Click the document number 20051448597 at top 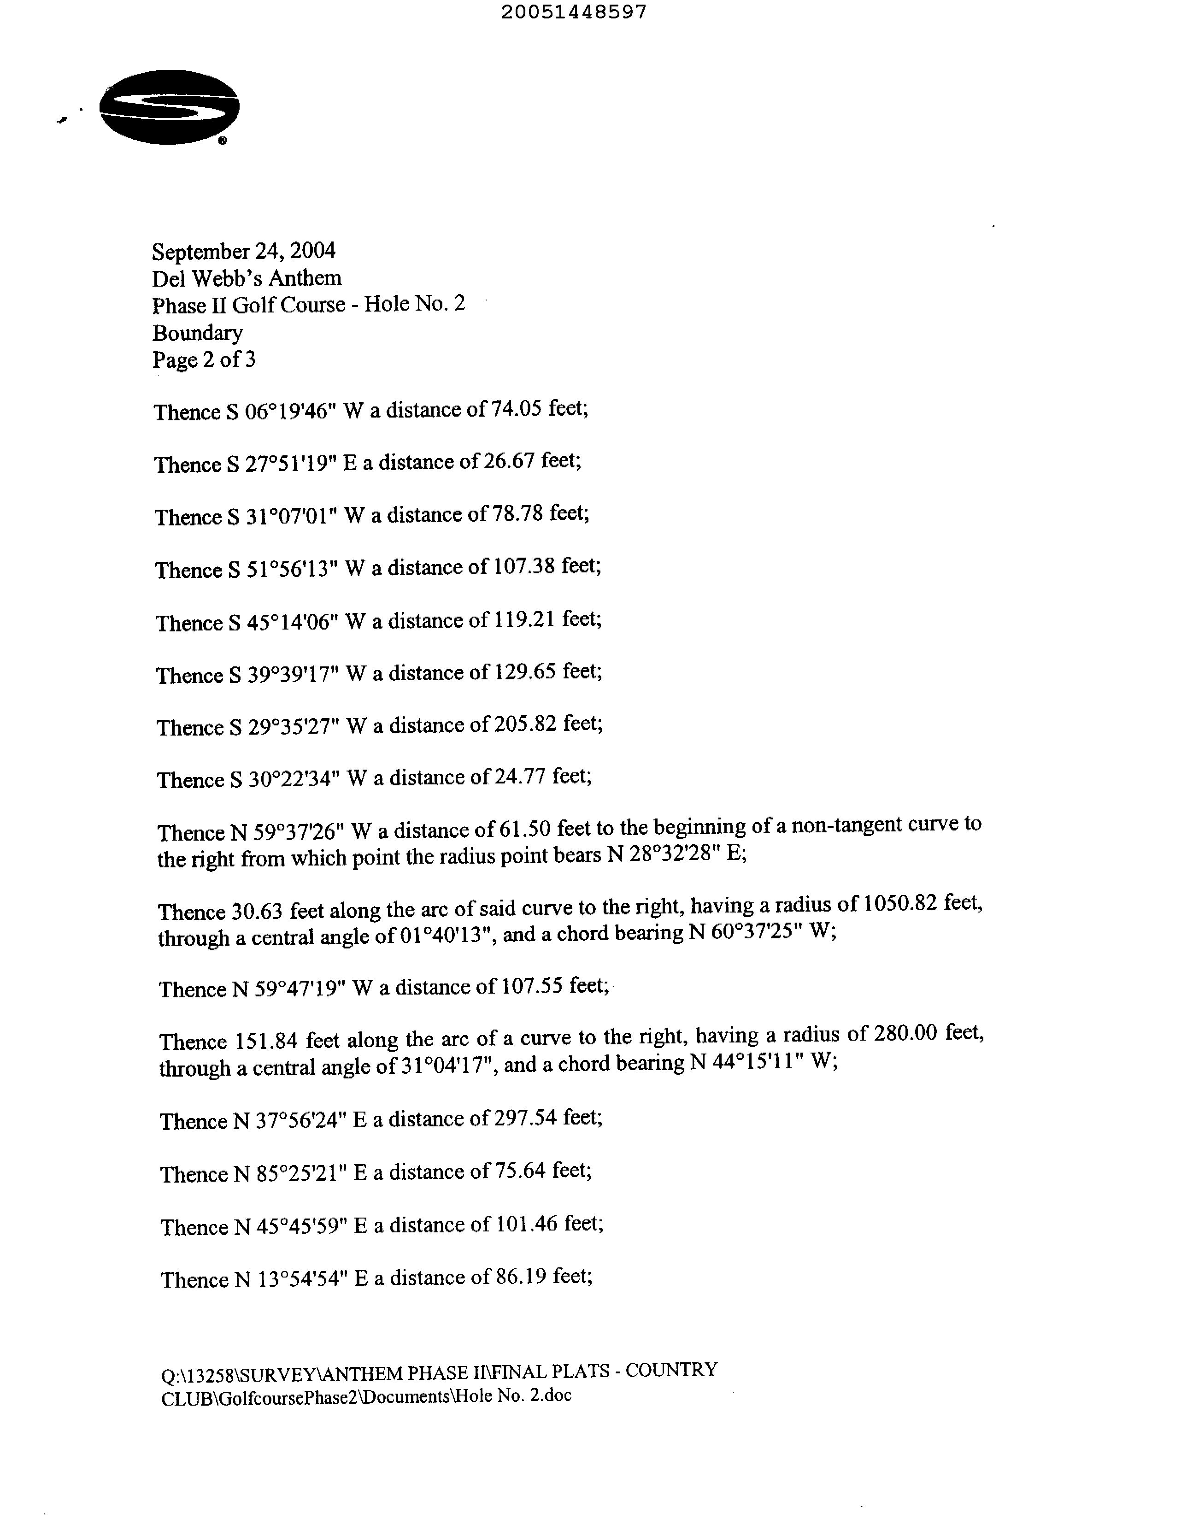[x=574, y=12]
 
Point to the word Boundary [x=198, y=333]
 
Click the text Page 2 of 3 [x=204, y=359]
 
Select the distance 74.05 [x=516, y=408]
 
